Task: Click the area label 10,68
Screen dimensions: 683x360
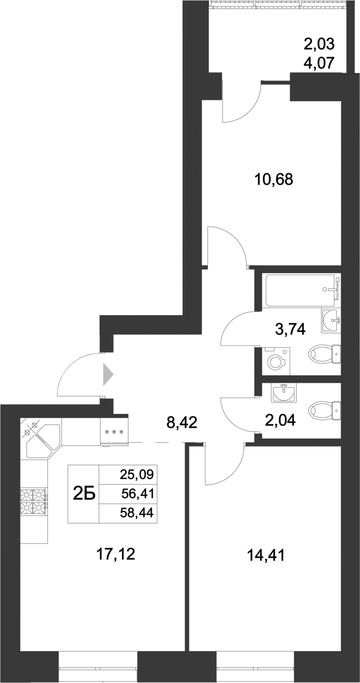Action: click(274, 180)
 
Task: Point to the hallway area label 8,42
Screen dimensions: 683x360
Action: click(182, 423)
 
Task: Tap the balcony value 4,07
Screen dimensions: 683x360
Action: click(319, 63)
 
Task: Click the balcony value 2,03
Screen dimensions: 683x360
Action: click(319, 44)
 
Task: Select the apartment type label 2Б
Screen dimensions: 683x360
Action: click(83, 494)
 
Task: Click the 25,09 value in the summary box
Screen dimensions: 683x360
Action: click(136, 475)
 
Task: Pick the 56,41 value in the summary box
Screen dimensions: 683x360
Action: click(136, 494)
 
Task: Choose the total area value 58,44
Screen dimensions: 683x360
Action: click(136, 513)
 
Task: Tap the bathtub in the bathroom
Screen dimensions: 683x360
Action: click(300, 290)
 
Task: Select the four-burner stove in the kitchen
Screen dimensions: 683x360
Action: click(34, 501)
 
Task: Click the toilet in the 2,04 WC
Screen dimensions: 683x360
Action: click(325, 410)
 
